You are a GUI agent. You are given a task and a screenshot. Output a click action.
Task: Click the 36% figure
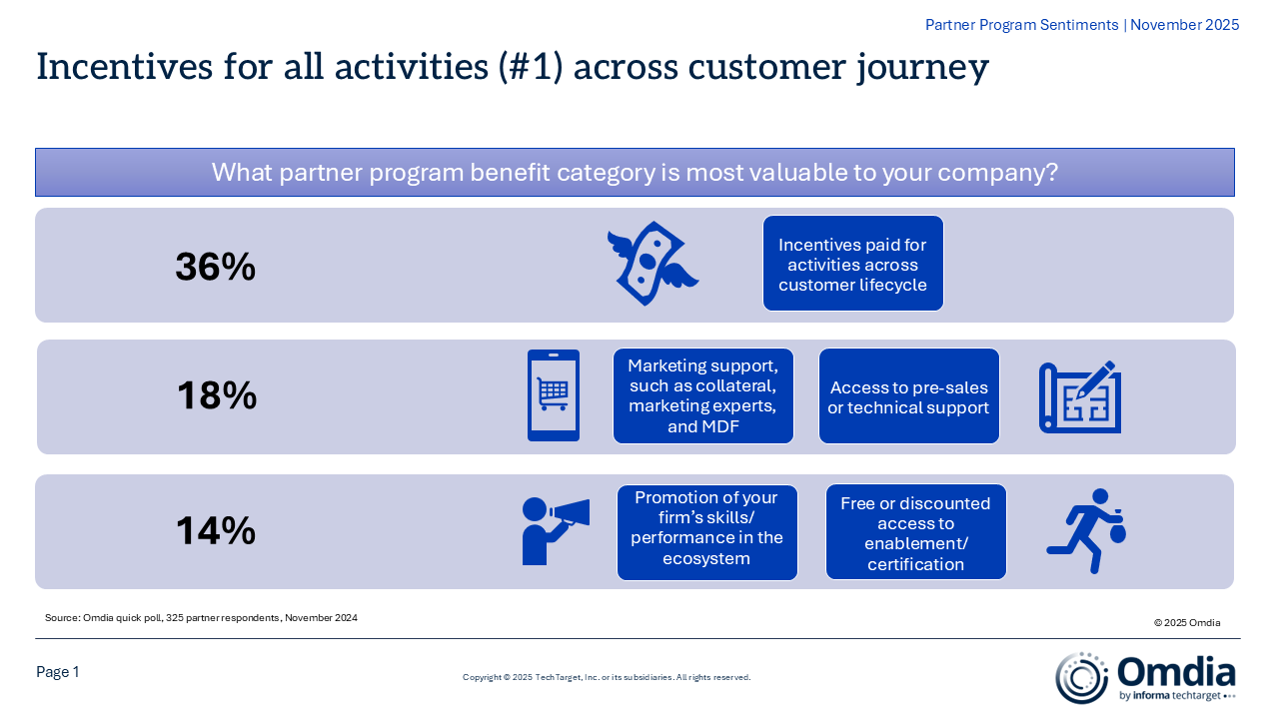tap(215, 267)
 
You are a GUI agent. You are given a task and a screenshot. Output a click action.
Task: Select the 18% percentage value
tap(217, 396)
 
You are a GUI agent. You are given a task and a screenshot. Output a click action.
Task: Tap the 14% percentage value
tap(216, 530)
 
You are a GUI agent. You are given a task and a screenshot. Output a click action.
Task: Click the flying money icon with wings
tap(651, 264)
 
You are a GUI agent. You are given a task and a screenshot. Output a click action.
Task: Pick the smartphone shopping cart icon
tap(553, 395)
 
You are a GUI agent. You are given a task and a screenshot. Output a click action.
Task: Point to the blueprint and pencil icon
tap(1079, 396)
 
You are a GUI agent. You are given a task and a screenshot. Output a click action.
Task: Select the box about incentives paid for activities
tap(852, 264)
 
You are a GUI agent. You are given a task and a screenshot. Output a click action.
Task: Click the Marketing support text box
tap(702, 396)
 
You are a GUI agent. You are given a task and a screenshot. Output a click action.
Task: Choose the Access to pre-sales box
tap(908, 396)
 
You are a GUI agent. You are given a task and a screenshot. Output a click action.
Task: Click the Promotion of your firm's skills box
tap(706, 532)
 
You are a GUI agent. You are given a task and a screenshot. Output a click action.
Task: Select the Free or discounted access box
tap(915, 532)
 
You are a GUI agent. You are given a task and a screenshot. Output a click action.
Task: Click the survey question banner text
tap(635, 172)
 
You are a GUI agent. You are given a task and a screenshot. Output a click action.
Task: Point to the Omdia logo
tap(1145, 677)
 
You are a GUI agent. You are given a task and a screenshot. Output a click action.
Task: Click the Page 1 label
tap(58, 672)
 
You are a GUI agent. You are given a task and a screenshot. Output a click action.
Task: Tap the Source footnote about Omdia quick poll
tap(201, 618)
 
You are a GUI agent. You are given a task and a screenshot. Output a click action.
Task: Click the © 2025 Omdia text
tap(1187, 622)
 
